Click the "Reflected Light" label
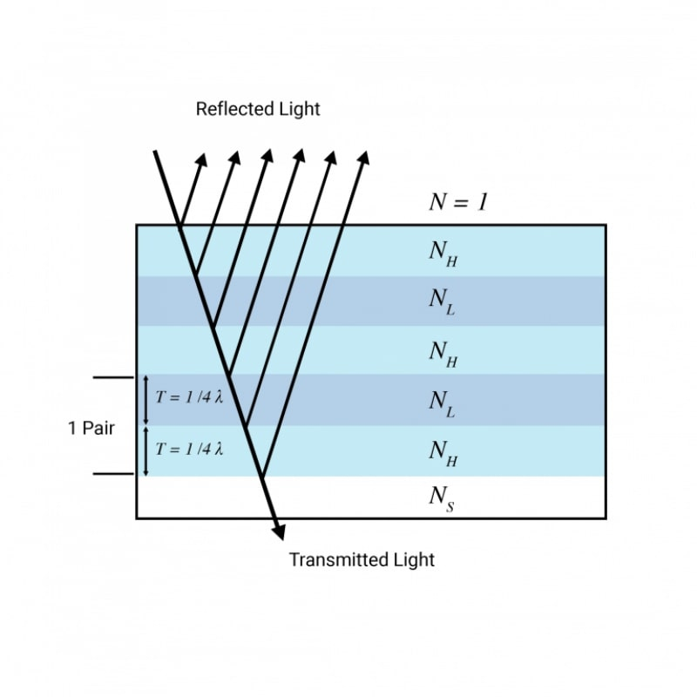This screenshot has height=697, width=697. (x=258, y=109)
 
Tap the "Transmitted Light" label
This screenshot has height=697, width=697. (x=362, y=559)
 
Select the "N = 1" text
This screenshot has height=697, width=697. (x=458, y=202)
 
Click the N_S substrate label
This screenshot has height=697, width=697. (x=441, y=497)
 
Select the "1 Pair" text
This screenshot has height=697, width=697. (x=91, y=429)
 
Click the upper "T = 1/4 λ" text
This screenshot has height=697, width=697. (x=190, y=397)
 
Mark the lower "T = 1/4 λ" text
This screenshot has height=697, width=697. (x=190, y=450)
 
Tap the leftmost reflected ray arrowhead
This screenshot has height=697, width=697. (x=202, y=159)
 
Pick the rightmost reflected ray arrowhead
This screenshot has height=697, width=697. (x=363, y=158)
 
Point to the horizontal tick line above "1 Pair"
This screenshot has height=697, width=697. (x=112, y=378)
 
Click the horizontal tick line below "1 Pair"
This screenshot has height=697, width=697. (x=112, y=474)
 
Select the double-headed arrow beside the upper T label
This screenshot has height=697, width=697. (x=145, y=401)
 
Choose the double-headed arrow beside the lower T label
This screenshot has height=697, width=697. (x=145, y=450)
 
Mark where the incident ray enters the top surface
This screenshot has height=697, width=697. (x=179, y=225)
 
